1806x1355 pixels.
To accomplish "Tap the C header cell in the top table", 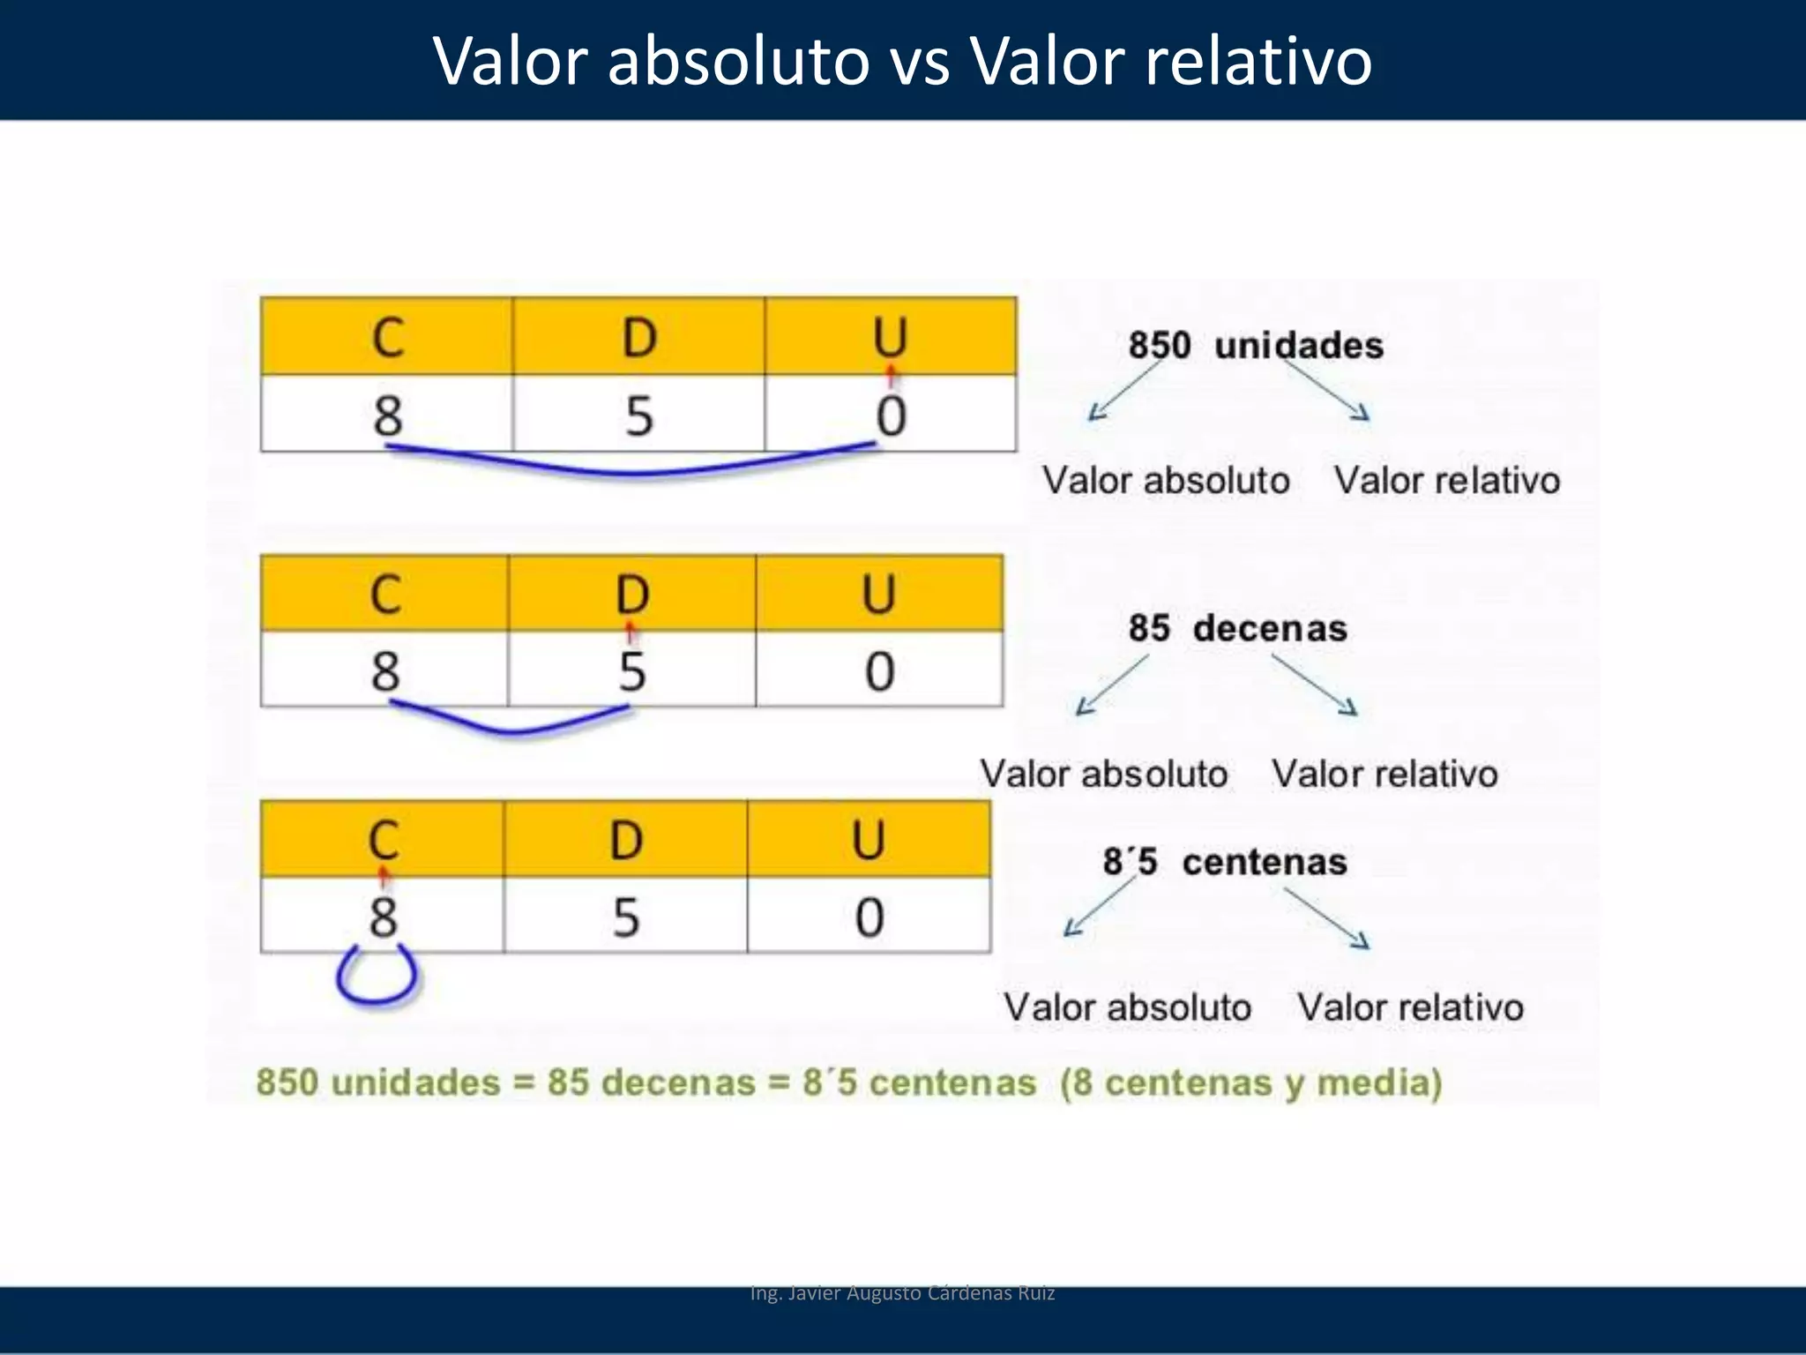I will point(387,336).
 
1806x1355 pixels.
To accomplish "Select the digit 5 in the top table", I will point(639,415).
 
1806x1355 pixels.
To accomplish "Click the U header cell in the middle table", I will point(878,593).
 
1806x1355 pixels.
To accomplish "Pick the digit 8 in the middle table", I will point(385,670).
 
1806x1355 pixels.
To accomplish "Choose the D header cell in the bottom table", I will point(625,839).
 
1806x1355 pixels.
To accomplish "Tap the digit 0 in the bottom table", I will point(869,917).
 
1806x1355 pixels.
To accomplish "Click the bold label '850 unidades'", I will point(1255,345).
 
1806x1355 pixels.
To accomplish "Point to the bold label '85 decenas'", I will point(1237,628).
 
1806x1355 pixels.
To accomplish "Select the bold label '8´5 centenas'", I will point(1225,862).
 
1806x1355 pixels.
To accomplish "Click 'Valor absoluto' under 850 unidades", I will point(1166,481).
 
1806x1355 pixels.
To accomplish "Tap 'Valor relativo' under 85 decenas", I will point(1384,775).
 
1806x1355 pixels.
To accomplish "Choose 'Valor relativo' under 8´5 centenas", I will point(1410,1007).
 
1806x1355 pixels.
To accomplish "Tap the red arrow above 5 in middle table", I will point(630,633).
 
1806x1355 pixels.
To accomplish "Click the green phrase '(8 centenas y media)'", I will point(1250,1082).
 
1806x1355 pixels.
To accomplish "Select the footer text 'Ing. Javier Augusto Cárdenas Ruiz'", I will point(902,1293).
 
